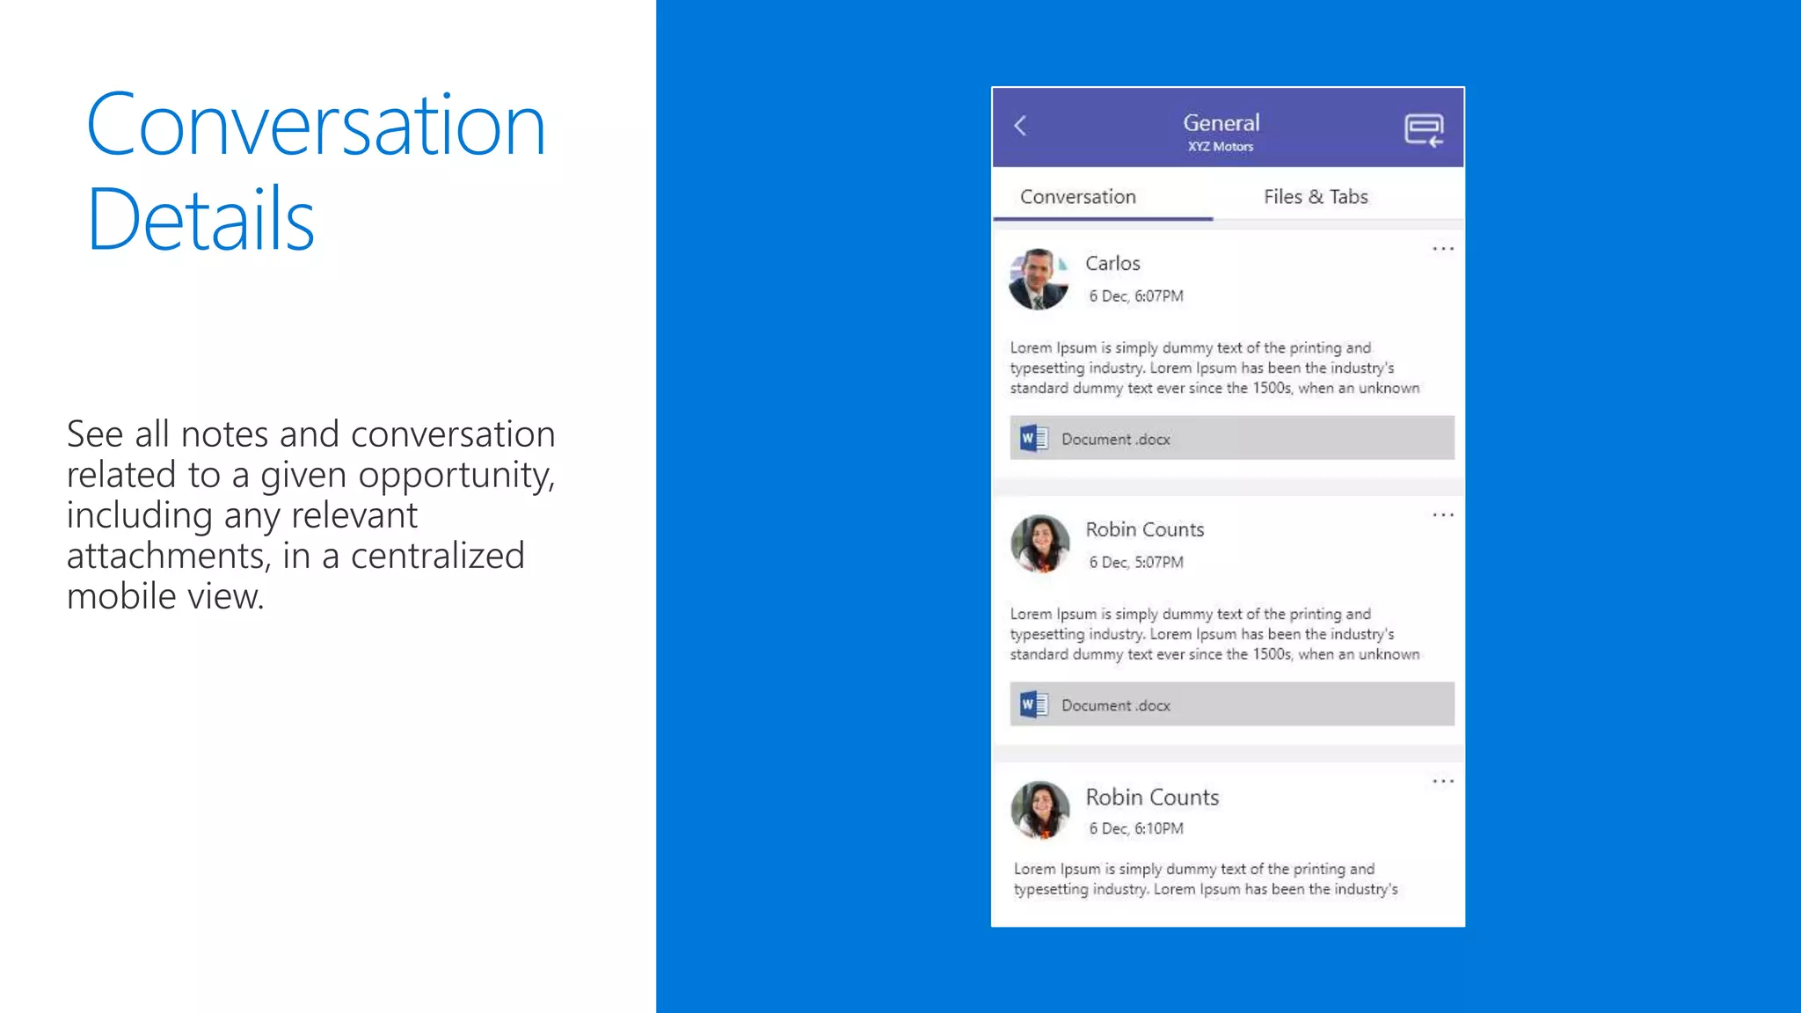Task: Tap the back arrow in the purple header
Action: click(x=1020, y=126)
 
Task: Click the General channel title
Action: click(x=1221, y=123)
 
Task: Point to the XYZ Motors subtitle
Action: click(x=1221, y=147)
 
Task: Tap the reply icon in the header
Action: click(x=1424, y=130)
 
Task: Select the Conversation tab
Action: click(x=1078, y=197)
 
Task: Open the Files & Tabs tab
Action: click(x=1316, y=197)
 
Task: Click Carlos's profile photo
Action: click(x=1039, y=279)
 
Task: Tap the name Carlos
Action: click(x=1112, y=264)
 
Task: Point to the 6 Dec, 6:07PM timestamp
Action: click(x=1136, y=296)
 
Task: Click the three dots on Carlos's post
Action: click(x=1443, y=250)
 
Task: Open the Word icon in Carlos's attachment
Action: click(x=1033, y=438)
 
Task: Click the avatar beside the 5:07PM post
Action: click(x=1040, y=544)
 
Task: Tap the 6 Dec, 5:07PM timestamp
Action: click(x=1136, y=563)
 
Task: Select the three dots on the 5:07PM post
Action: click(x=1443, y=515)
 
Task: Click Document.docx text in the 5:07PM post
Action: click(x=1115, y=706)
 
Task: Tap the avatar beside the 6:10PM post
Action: click(x=1040, y=810)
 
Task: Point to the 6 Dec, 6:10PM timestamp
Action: click(x=1136, y=829)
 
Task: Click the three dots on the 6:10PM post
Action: click(x=1443, y=782)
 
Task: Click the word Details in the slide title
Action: click(x=201, y=220)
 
